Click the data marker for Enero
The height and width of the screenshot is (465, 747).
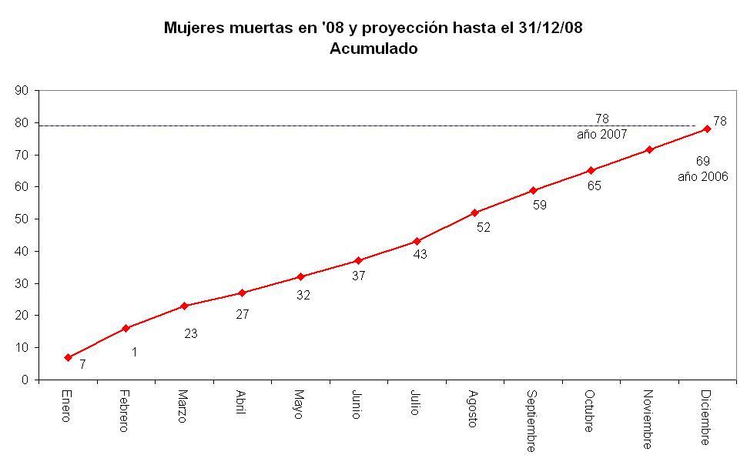point(68,357)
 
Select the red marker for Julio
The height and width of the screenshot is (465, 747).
point(417,241)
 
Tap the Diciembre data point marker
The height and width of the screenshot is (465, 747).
point(707,129)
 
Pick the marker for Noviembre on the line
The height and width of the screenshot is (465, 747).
point(649,149)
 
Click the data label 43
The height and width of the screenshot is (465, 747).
point(420,253)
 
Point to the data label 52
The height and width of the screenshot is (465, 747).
point(483,228)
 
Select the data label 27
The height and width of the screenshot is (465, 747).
point(243,314)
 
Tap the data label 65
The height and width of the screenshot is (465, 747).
point(594,186)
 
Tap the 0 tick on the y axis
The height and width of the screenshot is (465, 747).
point(25,380)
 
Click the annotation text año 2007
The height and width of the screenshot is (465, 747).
point(601,135)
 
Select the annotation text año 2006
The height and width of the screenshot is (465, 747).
point(702,176)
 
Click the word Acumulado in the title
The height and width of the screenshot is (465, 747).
point(373,49)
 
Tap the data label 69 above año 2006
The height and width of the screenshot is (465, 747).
point(702,161)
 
